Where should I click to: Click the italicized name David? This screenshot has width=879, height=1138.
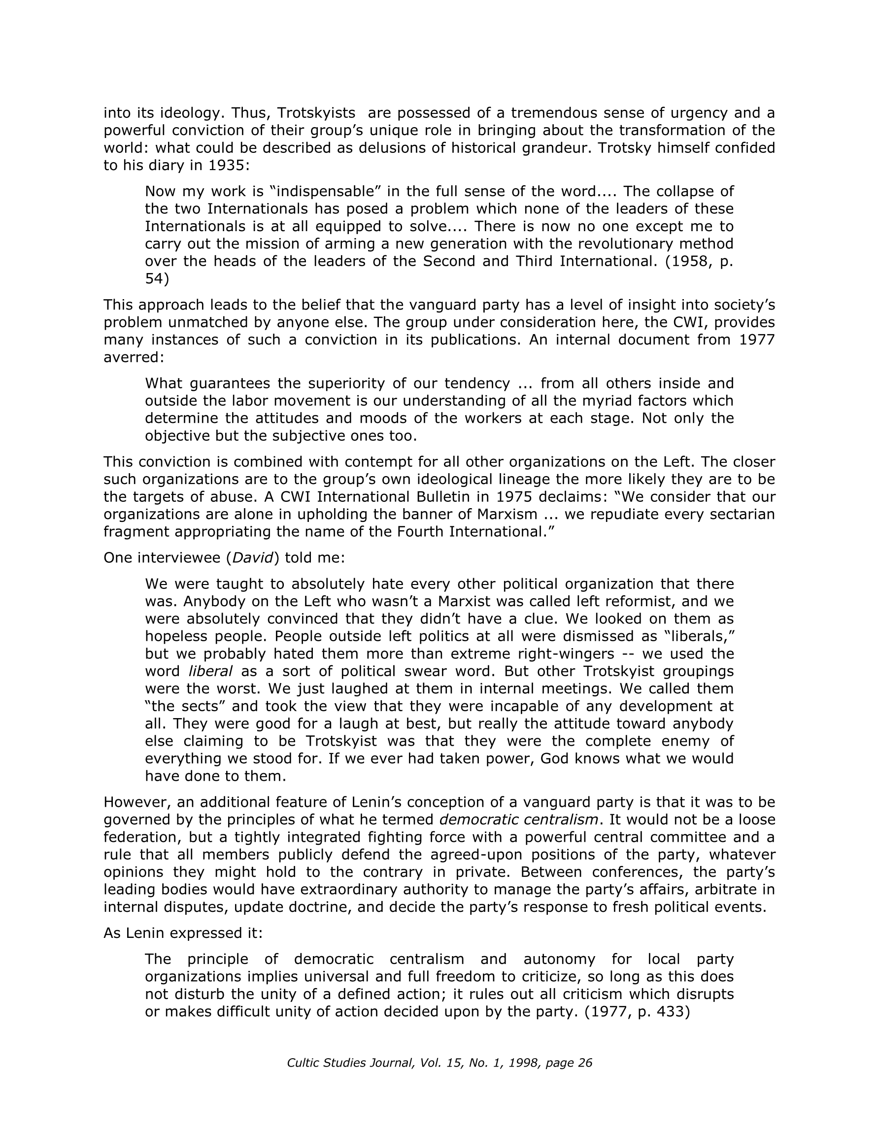253,558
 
